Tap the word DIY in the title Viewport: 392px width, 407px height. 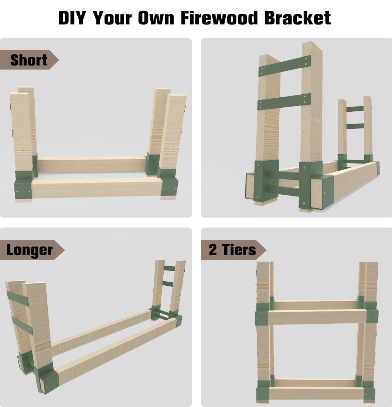tap(72, 18)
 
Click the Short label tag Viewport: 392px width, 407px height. tap(29, 60)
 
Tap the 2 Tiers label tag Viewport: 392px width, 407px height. tap(232, 250)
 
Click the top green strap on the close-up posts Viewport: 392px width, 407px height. tap(284, 66)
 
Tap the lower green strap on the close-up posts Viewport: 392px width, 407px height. tap(284, 102)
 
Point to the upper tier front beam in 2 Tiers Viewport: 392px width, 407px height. tap(317, 317)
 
